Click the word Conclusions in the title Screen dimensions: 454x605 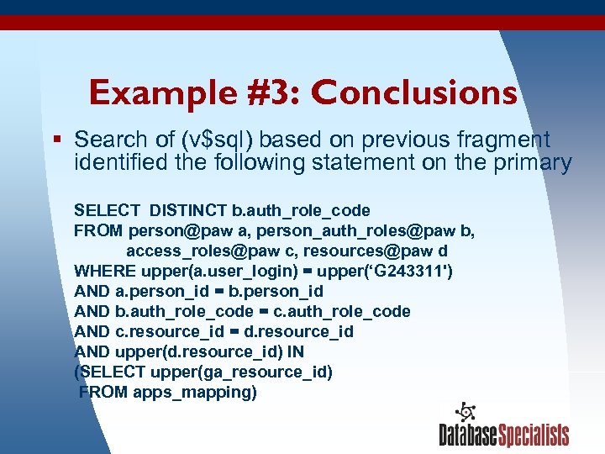[414, 92]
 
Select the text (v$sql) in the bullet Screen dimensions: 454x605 [209, 140]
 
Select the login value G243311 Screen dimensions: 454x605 [405, 271]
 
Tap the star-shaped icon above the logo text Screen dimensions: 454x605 [465, 411]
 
